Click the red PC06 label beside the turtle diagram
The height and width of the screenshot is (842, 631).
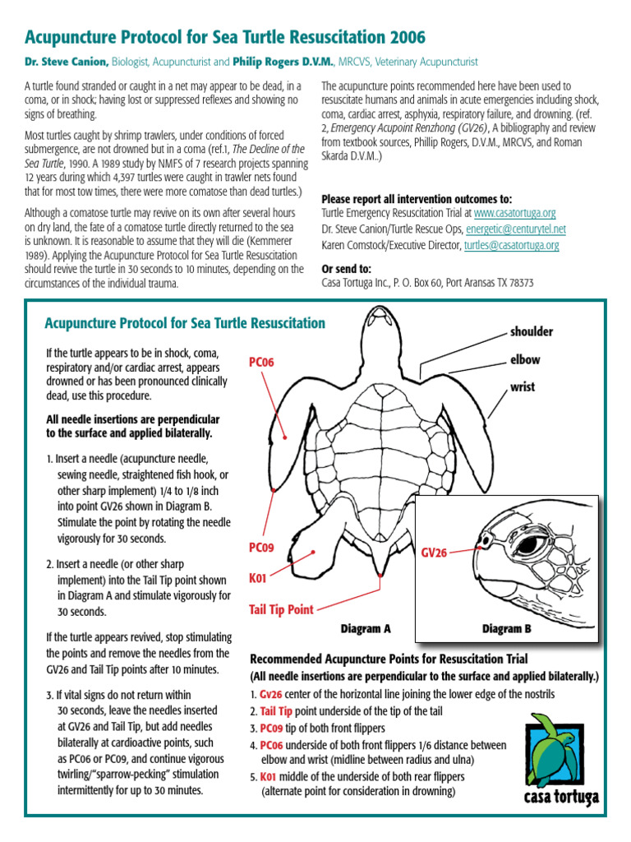[x=263, y=362]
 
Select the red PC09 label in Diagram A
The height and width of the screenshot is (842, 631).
[x=263, y=547]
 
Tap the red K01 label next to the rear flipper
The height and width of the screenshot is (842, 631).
[x=259, y=579]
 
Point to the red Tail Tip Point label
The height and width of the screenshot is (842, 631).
[x=281, y=609]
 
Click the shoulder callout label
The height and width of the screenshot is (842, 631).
[x=532, y=332]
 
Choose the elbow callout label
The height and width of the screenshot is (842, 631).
[x=525, y=360]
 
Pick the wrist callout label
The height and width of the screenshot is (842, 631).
[x=523, y=386]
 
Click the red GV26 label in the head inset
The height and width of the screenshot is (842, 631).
[x=435, y=553]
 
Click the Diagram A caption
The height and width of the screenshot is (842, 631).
[x=366, y=629]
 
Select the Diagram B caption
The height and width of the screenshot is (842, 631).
[x=507, y=629]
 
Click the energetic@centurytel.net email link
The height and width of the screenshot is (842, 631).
[x=516, y=229]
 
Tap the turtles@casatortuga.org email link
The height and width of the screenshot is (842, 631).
[x=512, y=245]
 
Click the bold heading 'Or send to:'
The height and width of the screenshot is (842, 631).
[x=346, y=268]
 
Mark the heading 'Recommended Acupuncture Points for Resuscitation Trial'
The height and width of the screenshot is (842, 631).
[x=389, y=659]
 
